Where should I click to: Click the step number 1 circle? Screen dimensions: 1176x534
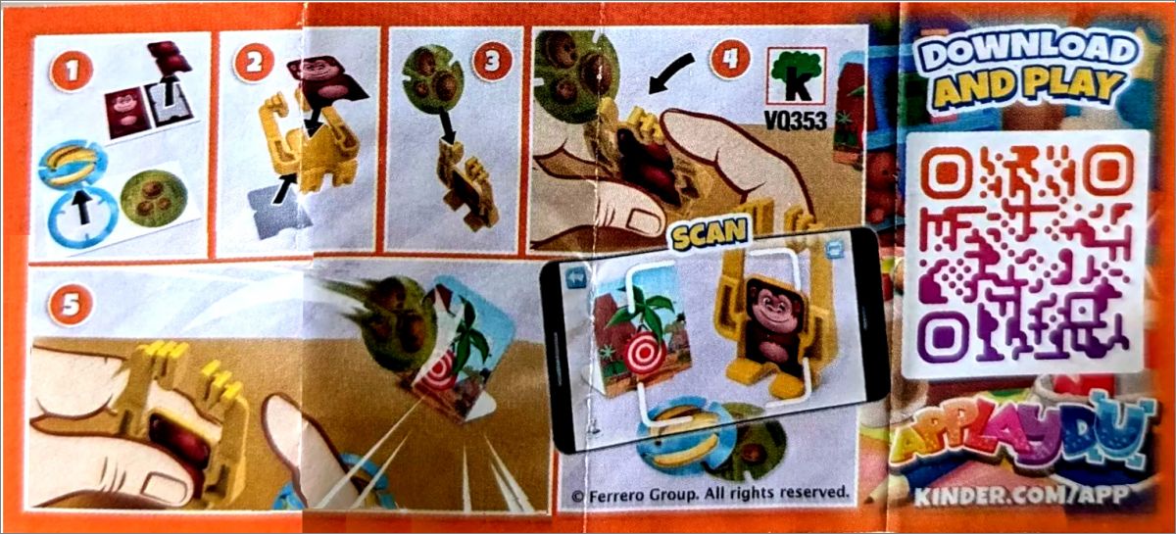click(x=72, y=71)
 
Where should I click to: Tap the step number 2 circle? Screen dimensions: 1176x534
click(x=255, y=63)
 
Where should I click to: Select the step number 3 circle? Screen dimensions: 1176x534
click(x=492, y=62)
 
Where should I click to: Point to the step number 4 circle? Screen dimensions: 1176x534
click(x=730, y=58)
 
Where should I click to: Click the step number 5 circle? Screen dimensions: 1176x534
click(x=70, y=306)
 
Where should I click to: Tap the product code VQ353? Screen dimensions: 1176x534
click(x=796, y=121)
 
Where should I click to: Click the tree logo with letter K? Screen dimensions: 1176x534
click(x=797, y=76)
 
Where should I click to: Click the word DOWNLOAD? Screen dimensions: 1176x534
click(x=1026, y=50)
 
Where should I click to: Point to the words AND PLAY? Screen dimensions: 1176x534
click(x=1029, y=88)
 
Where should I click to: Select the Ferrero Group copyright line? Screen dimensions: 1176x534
click(x=710, y=494)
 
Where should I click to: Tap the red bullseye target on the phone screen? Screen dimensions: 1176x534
click(x=645, y=355)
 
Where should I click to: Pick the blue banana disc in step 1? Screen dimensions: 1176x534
click(x=73, y=164)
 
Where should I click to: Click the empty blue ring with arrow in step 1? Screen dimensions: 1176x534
click(x=83, y=217)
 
